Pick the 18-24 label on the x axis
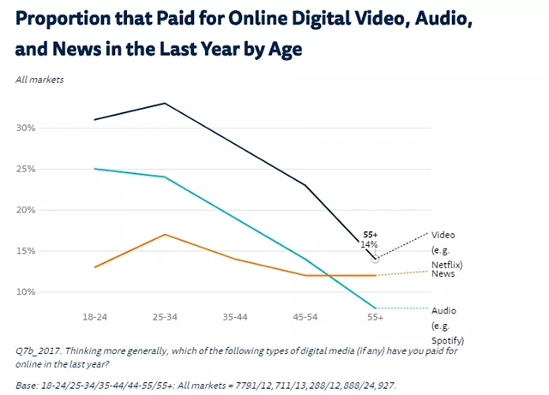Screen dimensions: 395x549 pos(94,316)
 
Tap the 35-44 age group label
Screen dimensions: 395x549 pos(234,316)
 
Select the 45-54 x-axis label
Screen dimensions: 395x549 pos(305,316)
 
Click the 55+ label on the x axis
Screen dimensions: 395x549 pos(375,316)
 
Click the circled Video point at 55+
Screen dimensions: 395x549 pos(375,259)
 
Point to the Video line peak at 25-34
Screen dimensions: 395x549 pos(164,104)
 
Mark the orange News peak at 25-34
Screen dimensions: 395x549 pos(164,235)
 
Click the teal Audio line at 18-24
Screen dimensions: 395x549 pos(94,169)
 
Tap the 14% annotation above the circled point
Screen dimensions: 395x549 pos(370,244)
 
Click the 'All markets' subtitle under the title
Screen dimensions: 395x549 pos(39,80)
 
